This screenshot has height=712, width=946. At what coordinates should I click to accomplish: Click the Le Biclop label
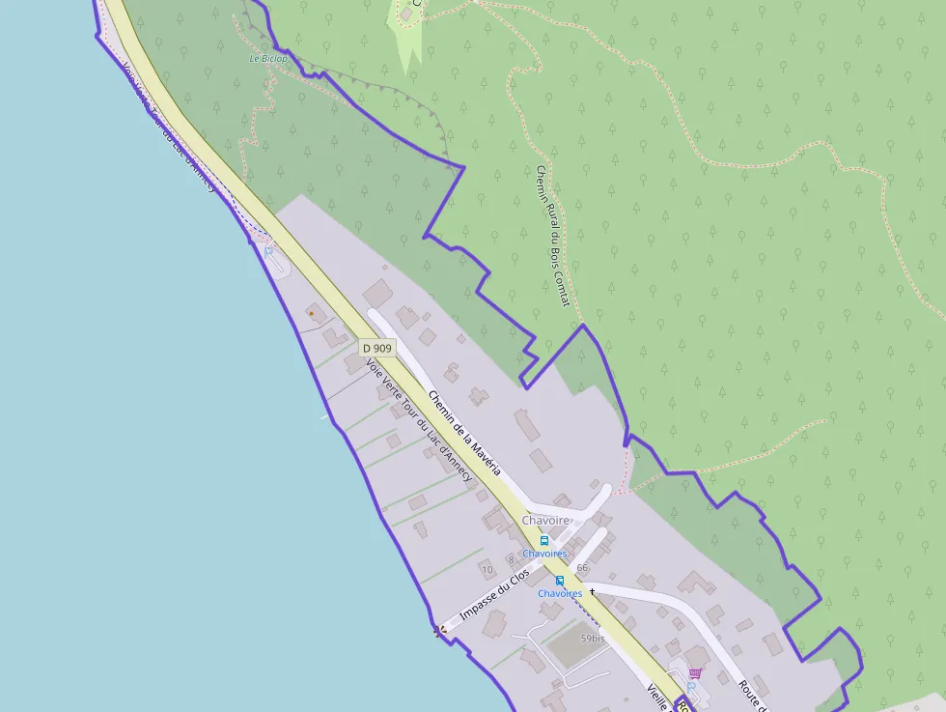point(268,58)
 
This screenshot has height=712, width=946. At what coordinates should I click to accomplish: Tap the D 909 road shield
point(377,348)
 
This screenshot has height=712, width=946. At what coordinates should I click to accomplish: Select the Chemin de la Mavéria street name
point(464,432)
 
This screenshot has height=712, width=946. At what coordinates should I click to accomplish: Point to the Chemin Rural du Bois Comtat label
point(552,237)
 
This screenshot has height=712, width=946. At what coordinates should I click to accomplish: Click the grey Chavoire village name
point(546,520)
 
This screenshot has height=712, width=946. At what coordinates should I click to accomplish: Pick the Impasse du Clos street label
point(495,595)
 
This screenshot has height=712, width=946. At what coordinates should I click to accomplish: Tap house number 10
point(487,570)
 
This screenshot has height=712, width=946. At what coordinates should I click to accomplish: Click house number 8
point(511,559)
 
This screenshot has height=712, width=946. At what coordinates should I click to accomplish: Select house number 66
point(582,567)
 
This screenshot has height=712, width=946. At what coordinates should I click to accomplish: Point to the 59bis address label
point(593,639)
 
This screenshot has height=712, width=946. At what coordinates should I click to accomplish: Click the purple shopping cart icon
point(694,672)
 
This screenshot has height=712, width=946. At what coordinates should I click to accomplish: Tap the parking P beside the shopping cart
point(691,685)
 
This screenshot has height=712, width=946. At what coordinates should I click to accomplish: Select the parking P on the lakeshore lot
point(268,251)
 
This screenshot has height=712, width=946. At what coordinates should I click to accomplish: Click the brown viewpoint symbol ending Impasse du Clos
point(439,630)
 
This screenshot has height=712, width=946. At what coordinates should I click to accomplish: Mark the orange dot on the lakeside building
point(311,313)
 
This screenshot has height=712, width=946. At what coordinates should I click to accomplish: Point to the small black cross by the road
point(592,589)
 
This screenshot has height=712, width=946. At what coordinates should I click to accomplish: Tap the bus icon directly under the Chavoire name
point(544,540)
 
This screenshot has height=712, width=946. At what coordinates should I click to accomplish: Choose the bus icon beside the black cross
point(560,581)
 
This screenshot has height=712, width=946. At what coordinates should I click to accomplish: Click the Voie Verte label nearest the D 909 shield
point(419,421)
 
